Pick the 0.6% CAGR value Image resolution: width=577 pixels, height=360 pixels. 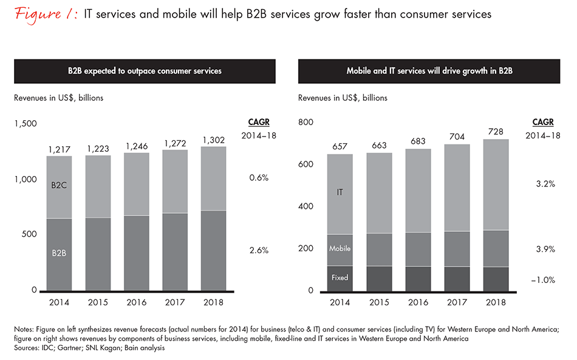click(259, 178)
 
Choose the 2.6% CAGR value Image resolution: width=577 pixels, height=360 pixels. click(259, 250)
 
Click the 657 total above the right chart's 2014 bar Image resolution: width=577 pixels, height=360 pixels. click(340, 147)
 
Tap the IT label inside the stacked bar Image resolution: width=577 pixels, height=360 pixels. click(340, 192)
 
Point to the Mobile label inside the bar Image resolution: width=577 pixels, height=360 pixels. click(340, 248)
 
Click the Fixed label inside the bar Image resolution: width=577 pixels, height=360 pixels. click(340, 277)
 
